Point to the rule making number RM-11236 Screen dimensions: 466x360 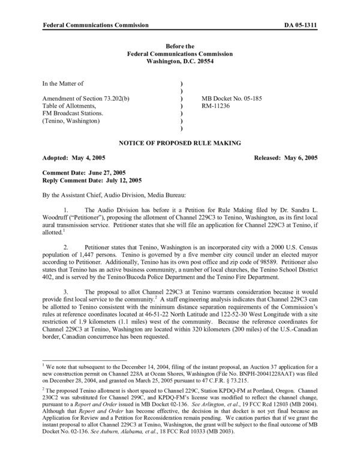[x=219, y=104]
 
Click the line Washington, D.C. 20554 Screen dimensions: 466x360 [x=179, y=61]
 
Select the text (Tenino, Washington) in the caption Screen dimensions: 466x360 [x=74, y=120]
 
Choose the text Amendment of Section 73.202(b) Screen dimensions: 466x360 [x=82, y=97]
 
